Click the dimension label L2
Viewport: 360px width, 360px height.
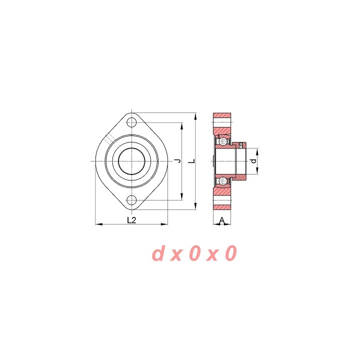[x=131, y=220]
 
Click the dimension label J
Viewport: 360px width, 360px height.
[x=177, y=161]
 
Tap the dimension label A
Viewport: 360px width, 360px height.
[x=222, y=220]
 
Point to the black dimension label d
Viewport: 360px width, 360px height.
[x=253, y=161]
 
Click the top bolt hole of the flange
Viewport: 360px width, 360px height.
[x=132, y=122]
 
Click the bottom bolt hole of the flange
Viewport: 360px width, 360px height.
[x=132, y=199]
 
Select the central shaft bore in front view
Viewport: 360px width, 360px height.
[x=132, y=161]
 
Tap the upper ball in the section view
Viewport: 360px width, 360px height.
[x=222, y=140]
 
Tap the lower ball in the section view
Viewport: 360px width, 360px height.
[x=222, y=181]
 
